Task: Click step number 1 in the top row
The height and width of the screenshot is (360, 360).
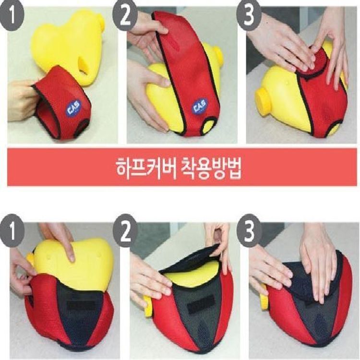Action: pos(12,16)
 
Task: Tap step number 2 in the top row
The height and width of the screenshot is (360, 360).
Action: pos(125,16)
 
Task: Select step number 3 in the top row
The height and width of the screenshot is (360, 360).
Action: pos(249,16)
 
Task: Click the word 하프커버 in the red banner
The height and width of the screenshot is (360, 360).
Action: pos(145,167)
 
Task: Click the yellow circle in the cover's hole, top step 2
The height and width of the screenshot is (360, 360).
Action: pos(209,127)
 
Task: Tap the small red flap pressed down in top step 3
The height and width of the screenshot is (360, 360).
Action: pos(314,62)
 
